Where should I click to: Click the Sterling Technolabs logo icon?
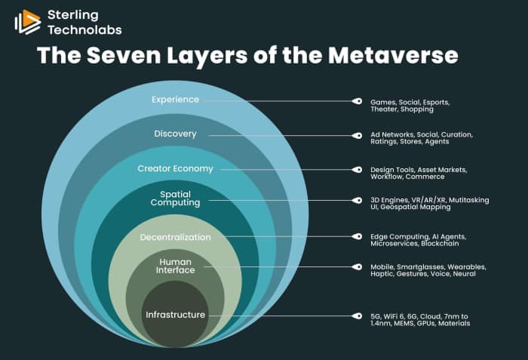(27, 22)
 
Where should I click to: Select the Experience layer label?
(175, 100)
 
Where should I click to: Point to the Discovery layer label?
(175, 134)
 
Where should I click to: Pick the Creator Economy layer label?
(175, 168)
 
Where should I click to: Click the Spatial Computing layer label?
(175, 198)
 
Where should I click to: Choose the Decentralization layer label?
(175, 237)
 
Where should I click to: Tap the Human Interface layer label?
(175, 266)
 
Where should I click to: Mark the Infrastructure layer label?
(175, 315)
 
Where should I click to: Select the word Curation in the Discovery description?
(455, 134)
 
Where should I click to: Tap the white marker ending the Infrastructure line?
(355, 315)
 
